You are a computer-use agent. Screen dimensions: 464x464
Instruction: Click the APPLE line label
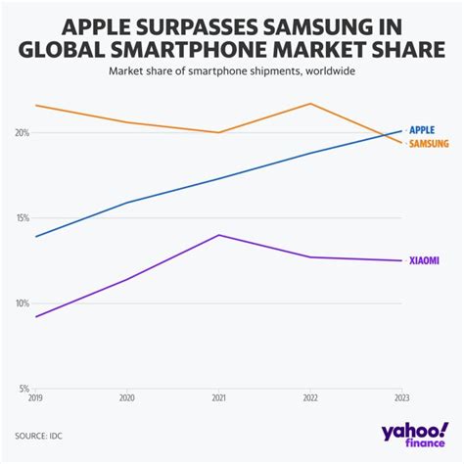(422, 129)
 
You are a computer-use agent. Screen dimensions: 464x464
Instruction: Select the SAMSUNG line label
(429, 144)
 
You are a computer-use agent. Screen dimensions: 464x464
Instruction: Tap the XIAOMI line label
(424, 260)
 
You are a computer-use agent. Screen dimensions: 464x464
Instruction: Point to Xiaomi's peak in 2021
(218, 235)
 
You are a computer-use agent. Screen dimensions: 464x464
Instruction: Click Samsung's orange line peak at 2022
(310, 104)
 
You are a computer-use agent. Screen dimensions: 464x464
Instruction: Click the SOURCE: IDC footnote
(44, 434)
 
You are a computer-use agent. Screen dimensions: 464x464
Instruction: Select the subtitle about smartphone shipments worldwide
(232, 70)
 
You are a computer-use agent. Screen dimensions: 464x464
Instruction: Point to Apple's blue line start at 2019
(36, 237)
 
